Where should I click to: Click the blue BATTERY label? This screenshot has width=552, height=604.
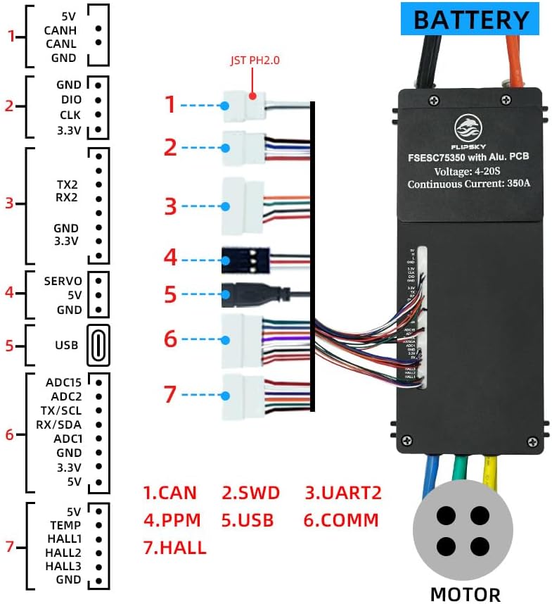coord(470,19)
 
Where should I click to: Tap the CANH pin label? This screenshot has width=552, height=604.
coord(60,30)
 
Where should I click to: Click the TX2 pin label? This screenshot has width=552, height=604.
coord(68,183)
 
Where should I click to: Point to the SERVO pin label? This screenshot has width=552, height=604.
coord(63,280)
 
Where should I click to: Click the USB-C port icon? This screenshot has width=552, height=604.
coord(99,345)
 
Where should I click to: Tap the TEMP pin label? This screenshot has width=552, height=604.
coord(65,524)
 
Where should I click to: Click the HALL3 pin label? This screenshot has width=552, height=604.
coord(63,566)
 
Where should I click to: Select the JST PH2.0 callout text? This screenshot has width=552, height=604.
coord(254,61)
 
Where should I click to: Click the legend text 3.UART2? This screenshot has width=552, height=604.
coord(343,492)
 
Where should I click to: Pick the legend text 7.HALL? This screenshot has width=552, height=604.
coord(175,547)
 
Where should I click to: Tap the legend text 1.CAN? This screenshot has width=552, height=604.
coord(170,492)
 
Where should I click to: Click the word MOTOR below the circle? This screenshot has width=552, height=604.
coord(465,593)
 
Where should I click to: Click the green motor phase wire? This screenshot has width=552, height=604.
coord(460,470)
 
